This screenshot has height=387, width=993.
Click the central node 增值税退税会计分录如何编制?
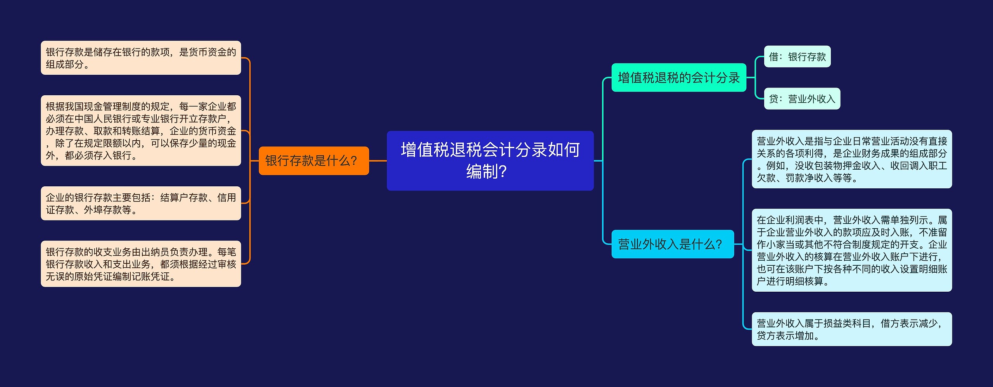490,161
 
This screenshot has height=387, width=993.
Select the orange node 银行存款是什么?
314,161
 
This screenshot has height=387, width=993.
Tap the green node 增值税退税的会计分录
679,77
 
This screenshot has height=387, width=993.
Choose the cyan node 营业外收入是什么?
673,244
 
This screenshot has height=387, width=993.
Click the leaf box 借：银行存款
797,57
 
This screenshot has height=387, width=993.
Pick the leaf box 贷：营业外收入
802,99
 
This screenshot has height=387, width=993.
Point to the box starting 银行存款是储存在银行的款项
141,58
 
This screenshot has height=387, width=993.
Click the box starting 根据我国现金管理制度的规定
141,131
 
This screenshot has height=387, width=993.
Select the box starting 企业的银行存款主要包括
141,203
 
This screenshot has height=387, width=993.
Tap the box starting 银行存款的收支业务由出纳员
141,264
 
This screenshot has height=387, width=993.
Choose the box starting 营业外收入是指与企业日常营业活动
852,159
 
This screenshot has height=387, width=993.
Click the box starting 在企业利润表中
852,250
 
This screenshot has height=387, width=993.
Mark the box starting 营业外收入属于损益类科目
852,329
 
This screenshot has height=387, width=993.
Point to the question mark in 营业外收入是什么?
718,244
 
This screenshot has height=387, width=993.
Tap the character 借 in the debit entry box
773,57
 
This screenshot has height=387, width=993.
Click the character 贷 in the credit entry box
773,99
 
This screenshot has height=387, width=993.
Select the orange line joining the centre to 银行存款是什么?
378,161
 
